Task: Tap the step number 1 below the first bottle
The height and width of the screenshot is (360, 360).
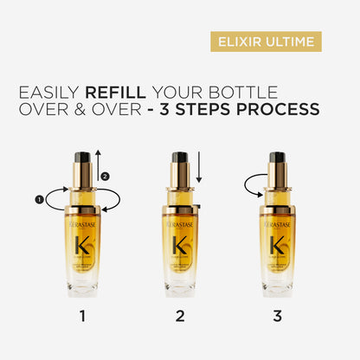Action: point(82,317)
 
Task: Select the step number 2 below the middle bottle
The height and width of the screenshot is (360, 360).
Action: point(180,317)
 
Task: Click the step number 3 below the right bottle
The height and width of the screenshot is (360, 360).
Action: point(277,317)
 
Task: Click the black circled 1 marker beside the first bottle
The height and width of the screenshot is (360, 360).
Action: point(39,199)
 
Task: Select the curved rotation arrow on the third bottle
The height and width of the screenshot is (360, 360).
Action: point(253,183)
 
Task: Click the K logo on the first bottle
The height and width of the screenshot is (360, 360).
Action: point(83,244)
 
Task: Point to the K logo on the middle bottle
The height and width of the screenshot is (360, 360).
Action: point(180,244)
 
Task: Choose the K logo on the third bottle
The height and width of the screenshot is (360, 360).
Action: point(277,244)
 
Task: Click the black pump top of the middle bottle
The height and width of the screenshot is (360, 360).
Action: point(180,158)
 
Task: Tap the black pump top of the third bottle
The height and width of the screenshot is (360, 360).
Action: point(277,158)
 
